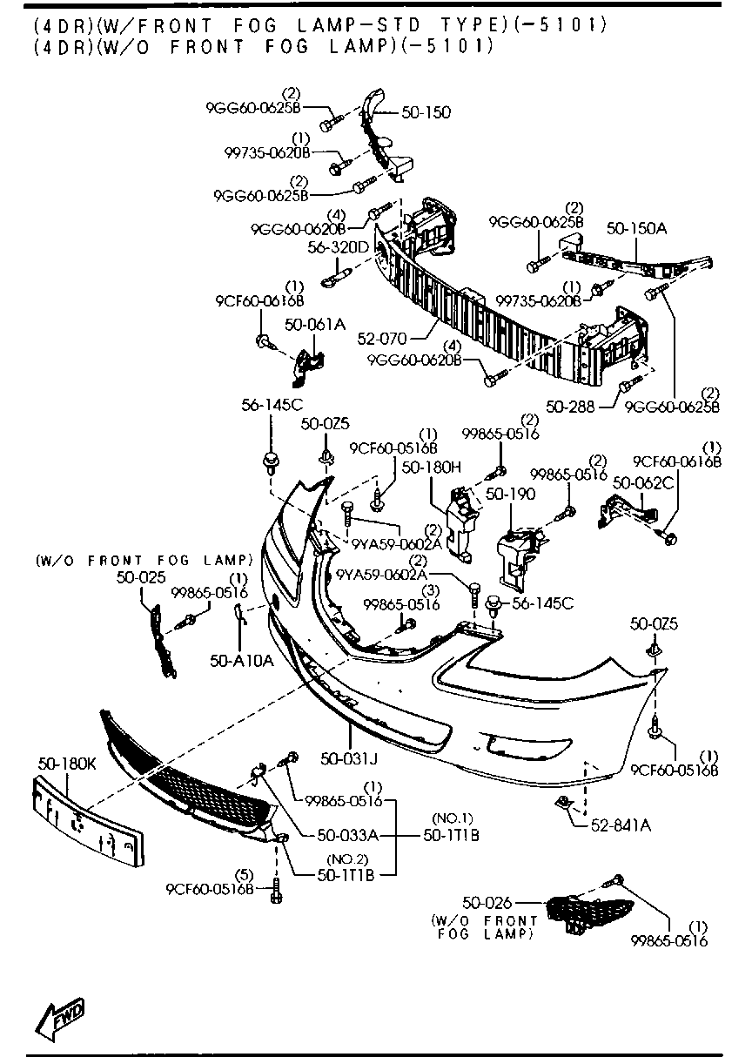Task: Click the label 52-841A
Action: coord(620,825)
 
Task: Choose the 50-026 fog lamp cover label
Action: coord(487,904)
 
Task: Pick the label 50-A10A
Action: coord(241,661)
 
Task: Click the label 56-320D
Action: coord(339,248)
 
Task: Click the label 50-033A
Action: coord(346,835)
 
